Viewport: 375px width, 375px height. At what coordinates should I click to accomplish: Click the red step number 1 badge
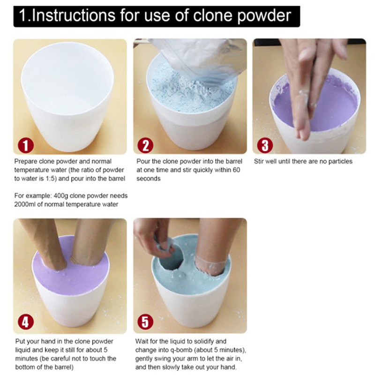tap(26, 145)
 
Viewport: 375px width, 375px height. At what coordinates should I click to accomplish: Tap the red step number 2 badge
tap(145, 145)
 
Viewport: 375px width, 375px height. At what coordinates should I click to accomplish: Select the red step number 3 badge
tap(265, 145)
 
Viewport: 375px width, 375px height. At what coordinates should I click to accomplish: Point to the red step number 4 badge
tap(26, 322)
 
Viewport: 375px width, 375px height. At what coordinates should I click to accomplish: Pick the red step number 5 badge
tap(145, 322)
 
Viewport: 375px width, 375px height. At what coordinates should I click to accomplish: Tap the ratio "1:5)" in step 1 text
tap(51, 179)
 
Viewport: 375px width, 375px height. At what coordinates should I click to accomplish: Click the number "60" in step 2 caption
tap(236, 170)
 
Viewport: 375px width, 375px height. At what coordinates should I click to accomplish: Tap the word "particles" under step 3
tap(340, 162)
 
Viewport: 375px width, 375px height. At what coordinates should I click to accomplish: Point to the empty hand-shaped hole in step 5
tap(170, 260)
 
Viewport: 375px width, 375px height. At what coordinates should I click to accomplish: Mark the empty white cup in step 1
tap(67, 96)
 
